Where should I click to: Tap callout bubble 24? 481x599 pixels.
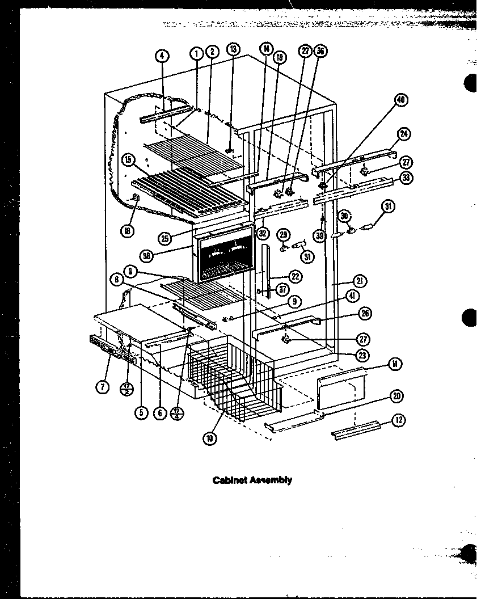click(x=404, y=134)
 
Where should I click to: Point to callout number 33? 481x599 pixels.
click(x=406, y=177)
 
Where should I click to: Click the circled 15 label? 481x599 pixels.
click(x=129, y=161)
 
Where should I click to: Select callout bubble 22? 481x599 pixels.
click(x=294, y=276)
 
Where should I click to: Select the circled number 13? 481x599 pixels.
click(x=233, y=50)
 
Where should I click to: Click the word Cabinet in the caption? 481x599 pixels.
click(x=228, y=480)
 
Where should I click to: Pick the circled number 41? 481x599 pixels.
click(x=352, y=296)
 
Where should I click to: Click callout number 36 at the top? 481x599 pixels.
click(x=321, y=50)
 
